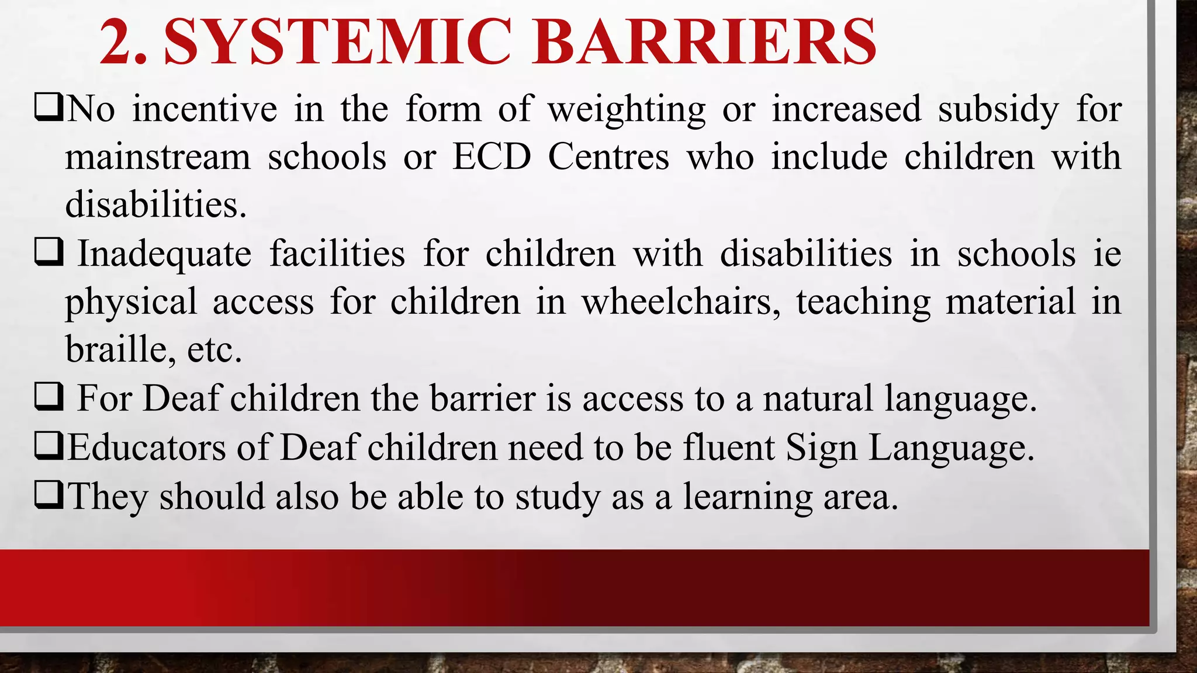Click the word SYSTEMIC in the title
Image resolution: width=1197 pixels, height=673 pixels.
coord(338,42)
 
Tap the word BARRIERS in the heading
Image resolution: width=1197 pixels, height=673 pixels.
coord(704,42)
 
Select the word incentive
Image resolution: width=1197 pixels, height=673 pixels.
coord(205,109)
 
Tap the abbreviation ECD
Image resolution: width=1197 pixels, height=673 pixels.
coord(492,157)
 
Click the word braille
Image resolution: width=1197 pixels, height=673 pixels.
coord(116,349)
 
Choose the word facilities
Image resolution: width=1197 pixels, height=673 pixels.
coord(337,254)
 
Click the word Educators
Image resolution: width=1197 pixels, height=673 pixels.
coord(147,447)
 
